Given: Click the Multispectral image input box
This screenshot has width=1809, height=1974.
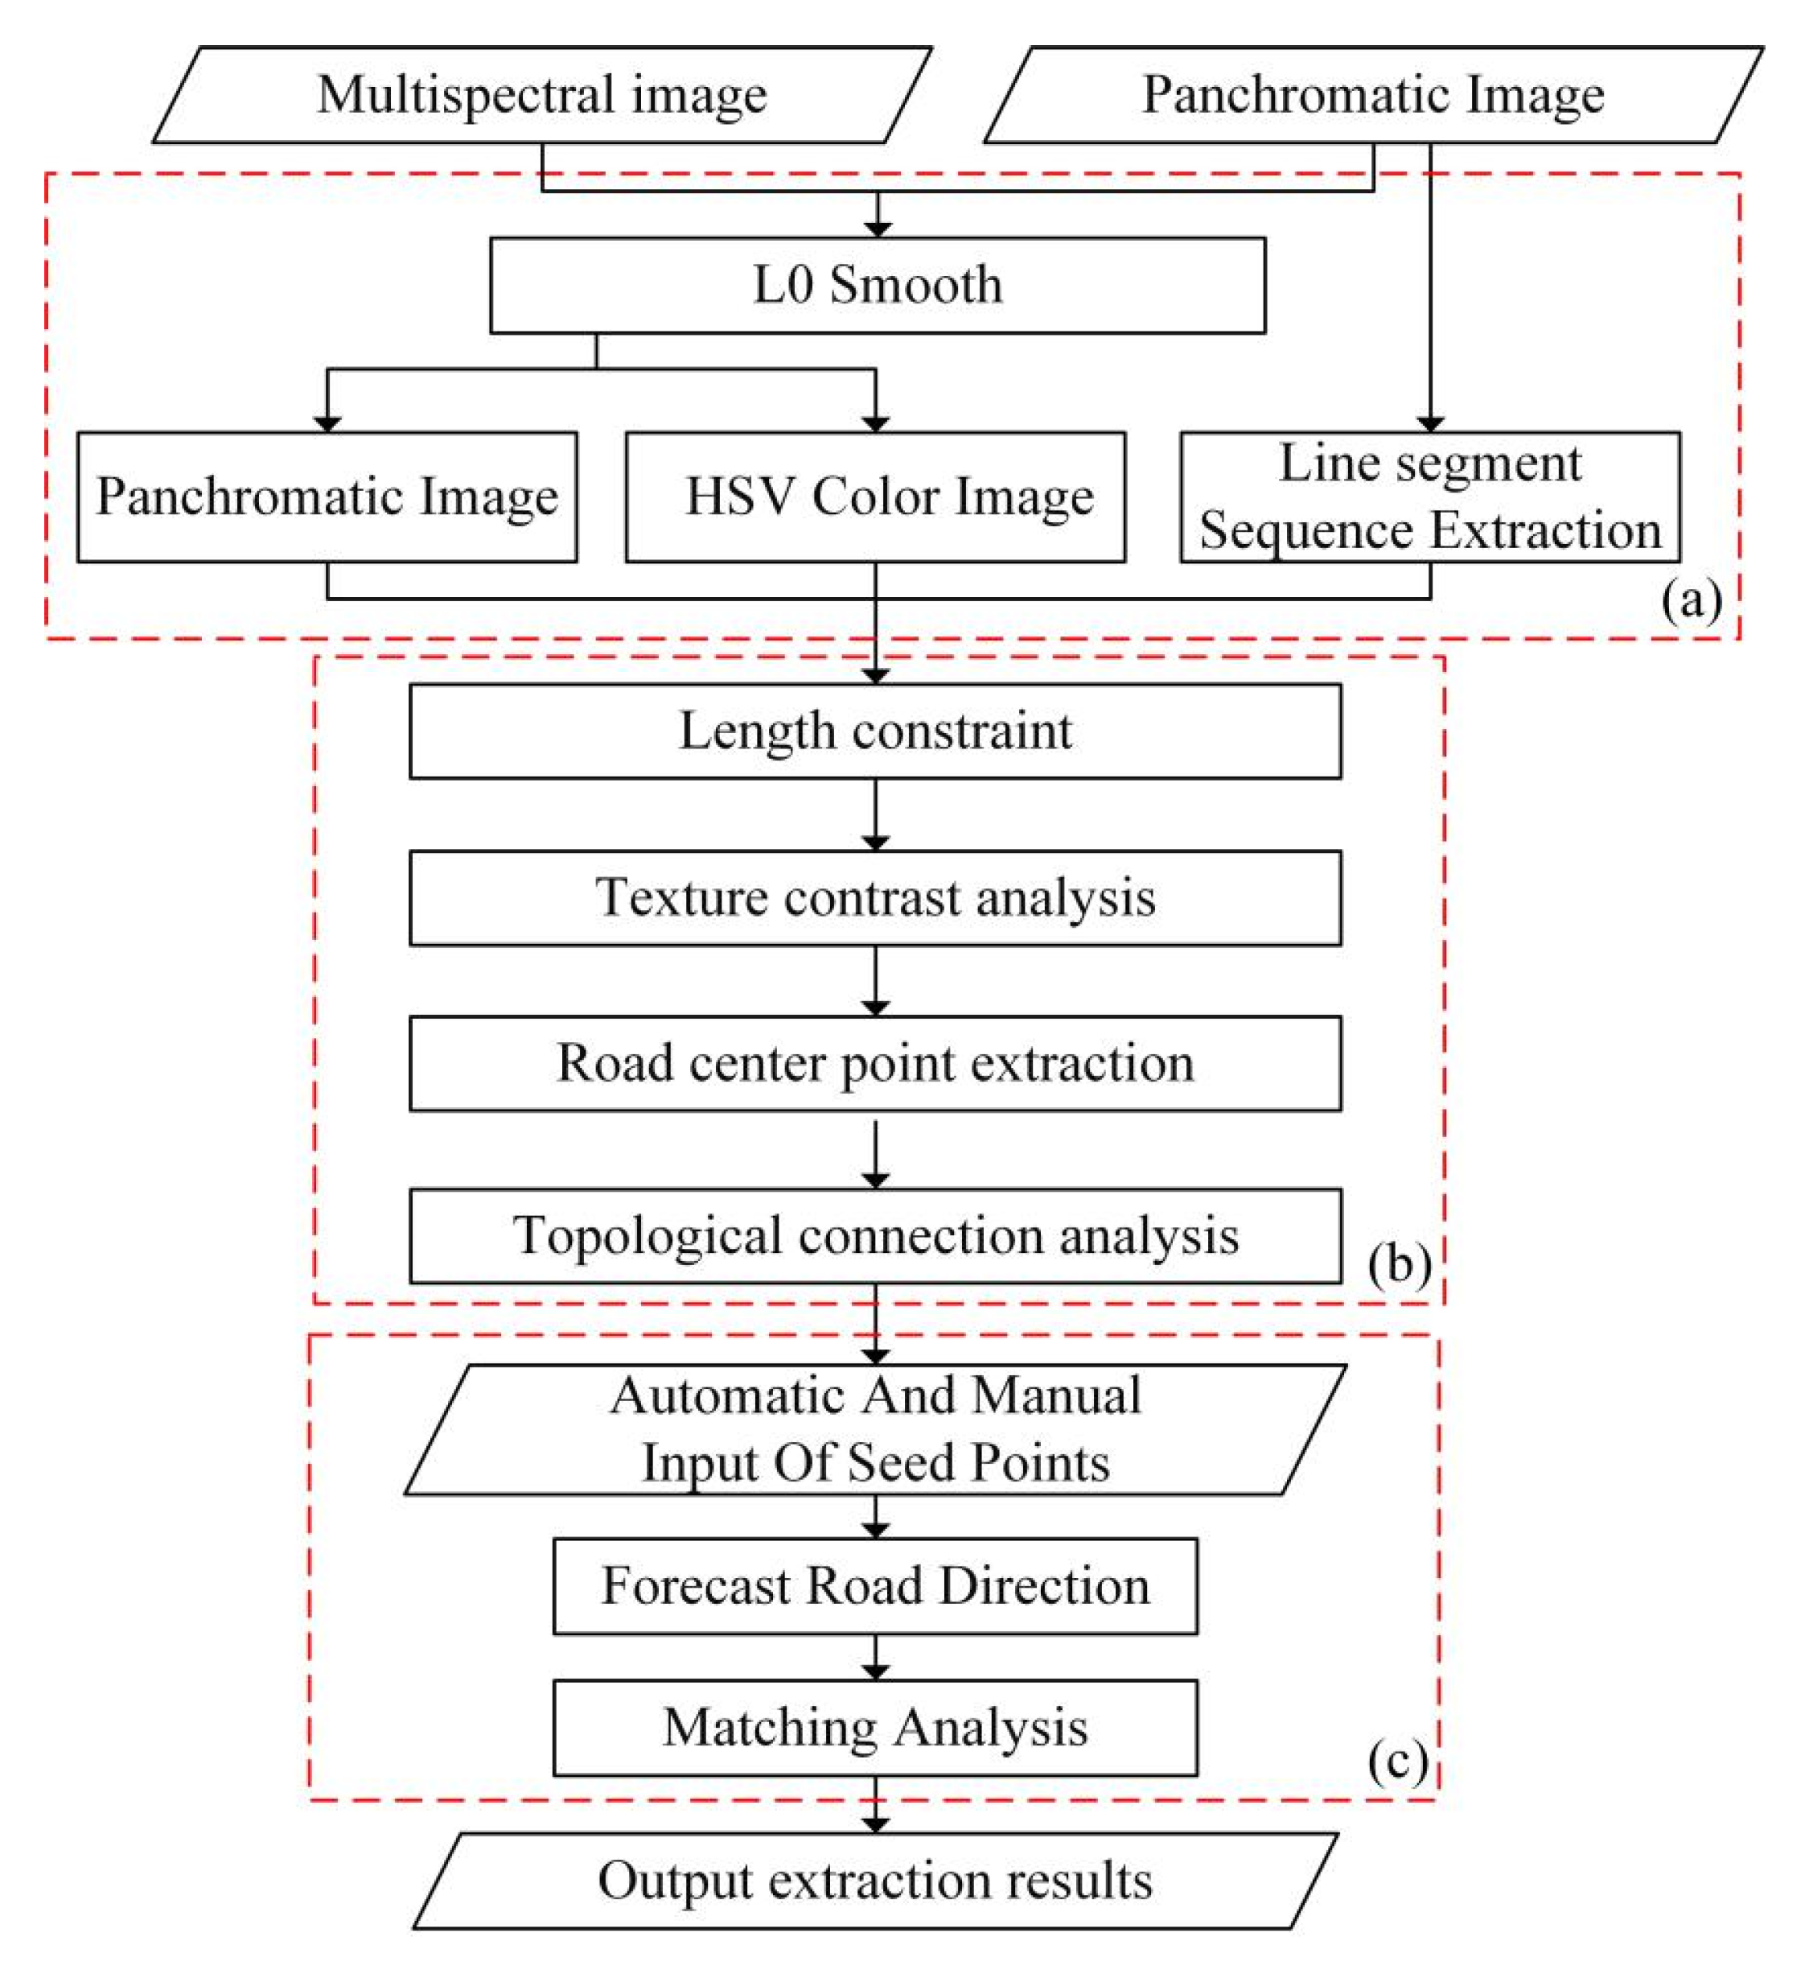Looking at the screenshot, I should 541,95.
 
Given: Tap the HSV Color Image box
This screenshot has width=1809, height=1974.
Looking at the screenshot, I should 875,497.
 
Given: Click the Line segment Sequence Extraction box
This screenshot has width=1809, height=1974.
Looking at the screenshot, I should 1430,497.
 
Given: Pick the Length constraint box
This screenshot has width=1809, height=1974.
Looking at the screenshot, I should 875,731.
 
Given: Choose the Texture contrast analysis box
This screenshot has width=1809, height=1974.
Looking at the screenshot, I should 875,897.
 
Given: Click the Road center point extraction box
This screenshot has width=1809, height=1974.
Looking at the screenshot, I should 875,1063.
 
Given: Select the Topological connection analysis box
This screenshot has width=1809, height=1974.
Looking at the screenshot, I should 875,1236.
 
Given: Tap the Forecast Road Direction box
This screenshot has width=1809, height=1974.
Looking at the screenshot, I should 875,1586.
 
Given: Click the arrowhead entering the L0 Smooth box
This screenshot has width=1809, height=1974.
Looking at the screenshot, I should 878,229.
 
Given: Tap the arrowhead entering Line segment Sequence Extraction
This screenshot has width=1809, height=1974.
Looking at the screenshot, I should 1430,423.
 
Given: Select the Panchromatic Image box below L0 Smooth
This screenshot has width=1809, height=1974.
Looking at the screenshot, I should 327,497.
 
